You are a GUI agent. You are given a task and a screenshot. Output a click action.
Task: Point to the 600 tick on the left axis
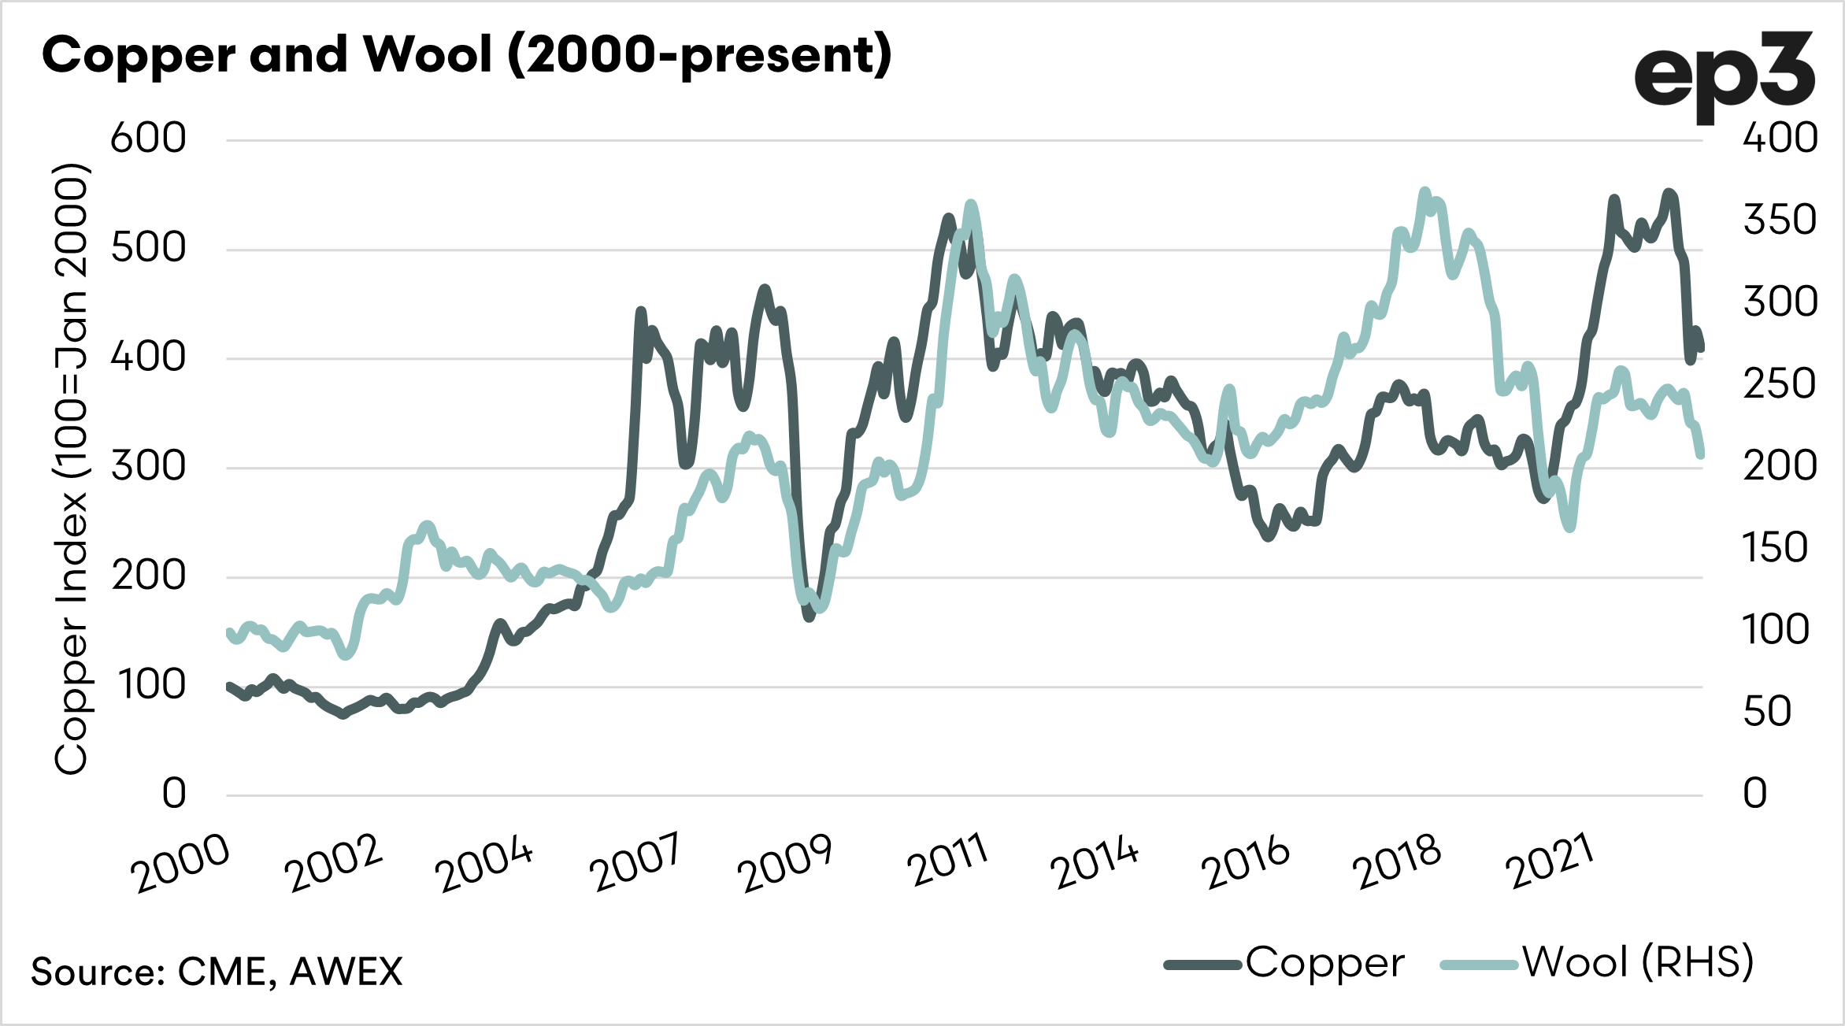tap(148, 139)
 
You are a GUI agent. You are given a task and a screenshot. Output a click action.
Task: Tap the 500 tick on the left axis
tap(148, 248)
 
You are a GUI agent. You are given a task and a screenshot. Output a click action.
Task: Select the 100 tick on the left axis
tap(152, 685)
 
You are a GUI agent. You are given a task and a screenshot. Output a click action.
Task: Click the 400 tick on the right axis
tap(1780, 139)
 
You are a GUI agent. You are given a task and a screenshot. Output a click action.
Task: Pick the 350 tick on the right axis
tap(1780, 220)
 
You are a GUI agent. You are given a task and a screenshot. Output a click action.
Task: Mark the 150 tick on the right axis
tap(1775, 548)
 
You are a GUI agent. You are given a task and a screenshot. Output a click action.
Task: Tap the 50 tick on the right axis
tap(1767, 712)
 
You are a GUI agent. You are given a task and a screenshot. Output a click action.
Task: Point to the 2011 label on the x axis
tap(947, 861)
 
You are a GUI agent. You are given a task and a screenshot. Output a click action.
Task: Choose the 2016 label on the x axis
tap(1245, 863)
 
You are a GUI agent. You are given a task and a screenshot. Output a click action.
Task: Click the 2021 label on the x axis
tap(1550, 861)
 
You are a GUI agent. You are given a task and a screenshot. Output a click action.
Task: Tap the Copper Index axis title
tap(71, 469)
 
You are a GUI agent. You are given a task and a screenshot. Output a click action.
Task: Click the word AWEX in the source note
tap(346, 972)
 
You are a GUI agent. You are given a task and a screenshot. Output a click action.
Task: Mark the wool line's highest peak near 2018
tap(1424, 191)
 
